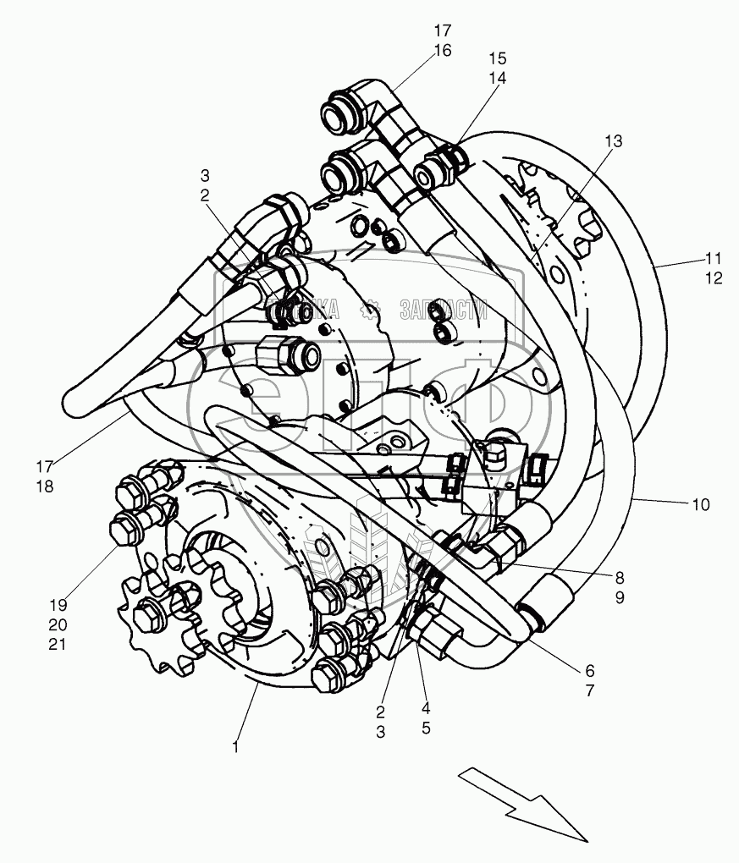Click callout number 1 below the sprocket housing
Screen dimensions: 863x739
coord(236,747)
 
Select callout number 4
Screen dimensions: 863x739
coord(426,707)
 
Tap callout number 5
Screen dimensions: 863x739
coord(426,727)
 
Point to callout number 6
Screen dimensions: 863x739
coord(589,669)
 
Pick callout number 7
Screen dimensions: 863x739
coord(589,690)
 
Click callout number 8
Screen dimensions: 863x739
coord(620,578)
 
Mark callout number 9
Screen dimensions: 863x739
coord(620,598)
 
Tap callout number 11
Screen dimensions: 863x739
coord(714,257)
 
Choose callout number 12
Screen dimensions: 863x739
coord(714,278)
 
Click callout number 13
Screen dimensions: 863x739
coord(613,141)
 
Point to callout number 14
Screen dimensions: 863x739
coord(498,78)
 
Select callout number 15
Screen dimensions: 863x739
coord(498,58)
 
